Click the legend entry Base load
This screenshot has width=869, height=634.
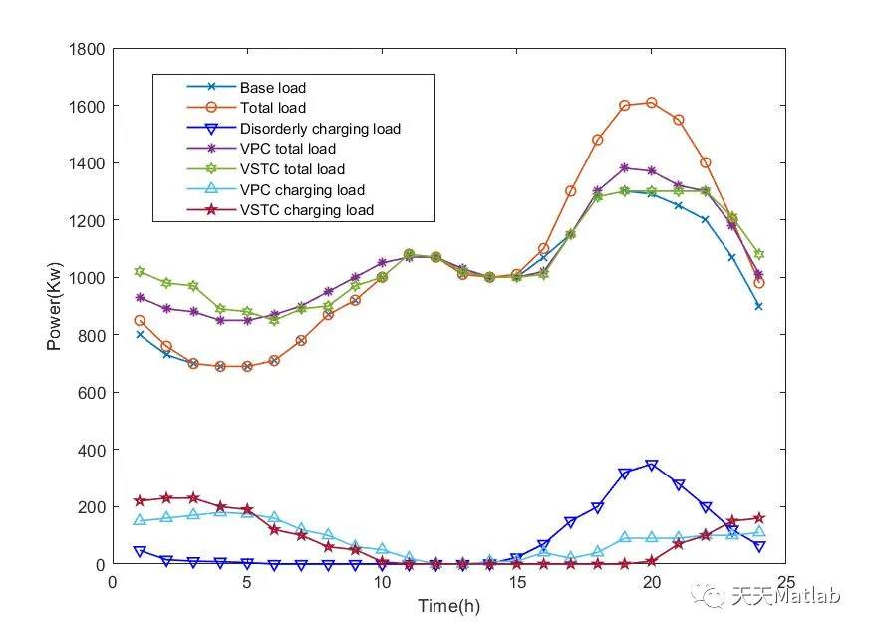coord(272,88)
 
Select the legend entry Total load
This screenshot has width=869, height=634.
coord(272,108)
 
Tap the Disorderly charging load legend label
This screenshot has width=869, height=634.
coord(319,129)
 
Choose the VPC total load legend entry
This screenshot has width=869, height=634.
coord(287,149)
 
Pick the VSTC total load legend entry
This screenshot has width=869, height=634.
coord(292,169)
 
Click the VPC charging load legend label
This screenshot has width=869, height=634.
coord(302,190)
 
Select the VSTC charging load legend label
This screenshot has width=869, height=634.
coord(306,210)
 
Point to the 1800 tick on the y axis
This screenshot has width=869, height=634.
coord(88,48)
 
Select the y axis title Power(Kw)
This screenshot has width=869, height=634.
coord(54,306)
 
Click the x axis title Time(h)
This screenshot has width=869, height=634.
coord(449,604)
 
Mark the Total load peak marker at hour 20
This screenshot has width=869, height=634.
coord(652,102)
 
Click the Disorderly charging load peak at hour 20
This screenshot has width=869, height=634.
coord(652,466)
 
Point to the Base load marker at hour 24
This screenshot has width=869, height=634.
coord(759,306)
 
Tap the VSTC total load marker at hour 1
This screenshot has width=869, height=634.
coord(140,271)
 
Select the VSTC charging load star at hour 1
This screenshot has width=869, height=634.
coord(140,500)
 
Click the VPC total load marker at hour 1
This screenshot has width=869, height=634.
coord(140,297)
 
